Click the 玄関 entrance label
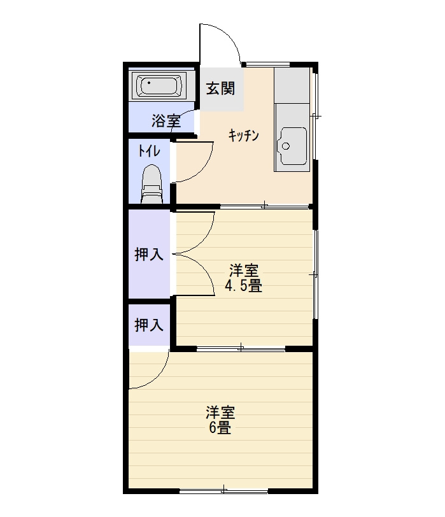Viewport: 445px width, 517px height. coord(220,89)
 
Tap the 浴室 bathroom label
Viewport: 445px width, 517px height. coord(166,121)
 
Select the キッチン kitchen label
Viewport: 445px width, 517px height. coord(244,136)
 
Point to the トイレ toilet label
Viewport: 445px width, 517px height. coord(150,151)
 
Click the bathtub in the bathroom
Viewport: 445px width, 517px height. coord(159,86)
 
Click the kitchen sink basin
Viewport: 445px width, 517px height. coord(293,145)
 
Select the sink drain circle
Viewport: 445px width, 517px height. coord(285,146)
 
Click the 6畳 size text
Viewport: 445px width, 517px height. coord(220,427)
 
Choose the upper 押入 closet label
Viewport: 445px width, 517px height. coord(149,254)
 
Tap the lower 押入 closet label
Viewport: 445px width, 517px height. coord(149,325)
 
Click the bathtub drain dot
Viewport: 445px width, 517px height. coord(150,82)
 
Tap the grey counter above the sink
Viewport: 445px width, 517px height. coord(292,85)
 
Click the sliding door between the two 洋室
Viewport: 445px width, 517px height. coord(241,348)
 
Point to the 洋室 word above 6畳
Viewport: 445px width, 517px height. coord(220,413)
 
